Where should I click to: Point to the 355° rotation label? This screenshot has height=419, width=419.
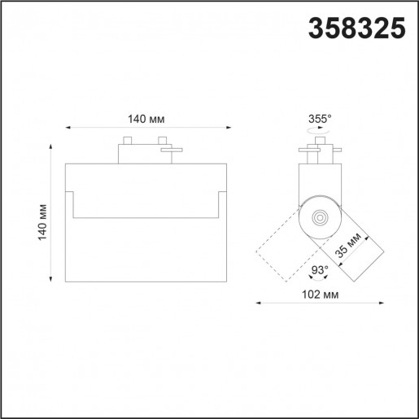tap(320, 119)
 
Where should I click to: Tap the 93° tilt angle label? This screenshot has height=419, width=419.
tap(319, 270)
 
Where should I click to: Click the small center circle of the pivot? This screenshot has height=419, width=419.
tap(318, 217)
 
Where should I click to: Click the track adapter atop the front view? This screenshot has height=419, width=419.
tap(142, 151)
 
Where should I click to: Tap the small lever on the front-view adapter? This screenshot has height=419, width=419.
tap(172, 149)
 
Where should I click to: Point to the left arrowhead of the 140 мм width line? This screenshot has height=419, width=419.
tap(68, 128)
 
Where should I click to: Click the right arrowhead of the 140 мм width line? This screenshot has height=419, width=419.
tap(229, 128)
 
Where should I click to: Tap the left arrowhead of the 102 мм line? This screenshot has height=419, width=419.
tap(259, 303)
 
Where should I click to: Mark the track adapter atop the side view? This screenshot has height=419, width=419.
tap(319, 152)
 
